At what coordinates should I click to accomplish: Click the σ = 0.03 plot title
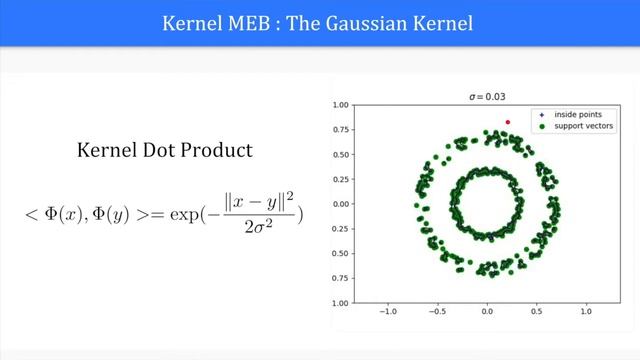pos(487,96)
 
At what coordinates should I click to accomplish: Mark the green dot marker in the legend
pos(541,127)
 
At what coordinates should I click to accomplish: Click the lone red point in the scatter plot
pos(508,122)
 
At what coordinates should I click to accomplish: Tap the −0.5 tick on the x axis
pos(436,311)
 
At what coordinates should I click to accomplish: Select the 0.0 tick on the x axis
pos(487,311)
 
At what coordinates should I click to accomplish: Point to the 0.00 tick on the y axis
pos(342,203)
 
